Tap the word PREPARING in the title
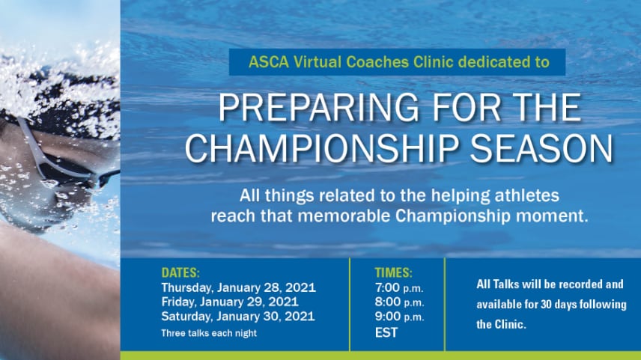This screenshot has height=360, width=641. click(x=319, y=108)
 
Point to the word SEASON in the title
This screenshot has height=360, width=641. click(x=541, y=148)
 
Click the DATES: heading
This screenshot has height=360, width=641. click(x=180, y=272)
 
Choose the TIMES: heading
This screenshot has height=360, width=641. click(x=394, y=272)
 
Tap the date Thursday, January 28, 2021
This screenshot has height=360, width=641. click(x=238, y=287)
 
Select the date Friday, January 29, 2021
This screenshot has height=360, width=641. click(x=230, y=302)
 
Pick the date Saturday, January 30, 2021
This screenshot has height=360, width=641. click(x=238, y=317)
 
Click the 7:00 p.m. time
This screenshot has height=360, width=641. click(x=399, y=288)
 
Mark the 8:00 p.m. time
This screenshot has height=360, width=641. click(x=399, y=302)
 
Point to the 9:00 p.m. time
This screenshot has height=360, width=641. click(x=399, y=317)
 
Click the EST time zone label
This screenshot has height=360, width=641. click(x=386, y=332)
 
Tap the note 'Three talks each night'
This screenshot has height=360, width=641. click(x=209, y=333)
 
